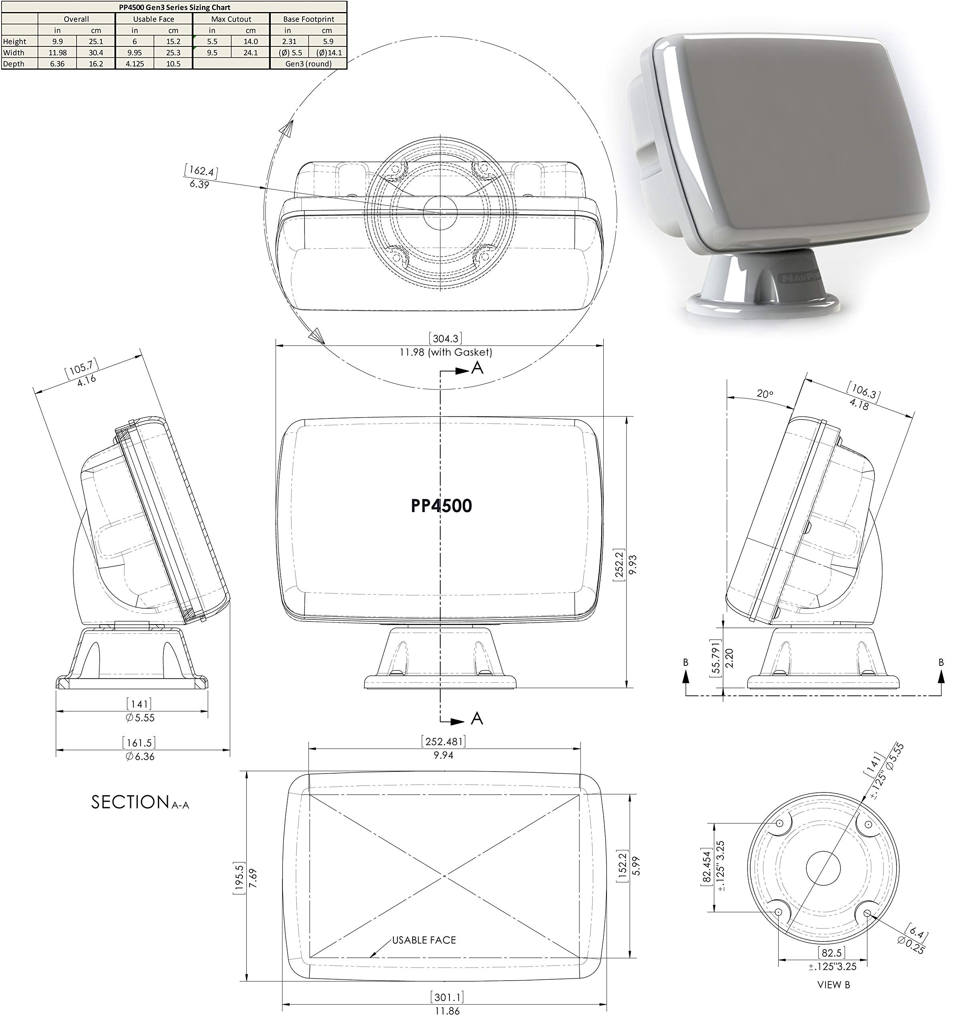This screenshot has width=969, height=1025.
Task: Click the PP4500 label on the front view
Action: click(x=441, y=506)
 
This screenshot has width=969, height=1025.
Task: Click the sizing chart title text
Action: click(x=175, y=7)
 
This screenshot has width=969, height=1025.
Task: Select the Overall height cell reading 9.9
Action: click(x=57, y=41)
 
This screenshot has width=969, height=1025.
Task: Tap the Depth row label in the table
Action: click(x=14, y=64)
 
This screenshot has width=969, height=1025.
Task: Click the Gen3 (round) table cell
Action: click(x=308, y=64)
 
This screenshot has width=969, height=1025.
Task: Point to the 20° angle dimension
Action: click(x=765, y=394)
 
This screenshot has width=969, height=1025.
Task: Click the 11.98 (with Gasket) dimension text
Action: click(x=445, y=352)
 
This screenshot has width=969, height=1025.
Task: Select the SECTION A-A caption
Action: click(x=140, y=802)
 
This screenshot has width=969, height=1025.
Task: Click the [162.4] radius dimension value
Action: click(x=201, y=171)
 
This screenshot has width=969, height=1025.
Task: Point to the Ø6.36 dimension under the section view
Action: click(x=139, y=756)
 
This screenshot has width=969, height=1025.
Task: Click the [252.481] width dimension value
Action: click(x=444, y=742)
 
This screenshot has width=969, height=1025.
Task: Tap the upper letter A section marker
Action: click(x=477, y=368)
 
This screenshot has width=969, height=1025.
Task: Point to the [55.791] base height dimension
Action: click(x=715, y=658)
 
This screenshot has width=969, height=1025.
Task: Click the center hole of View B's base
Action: click(x=823, y=868)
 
